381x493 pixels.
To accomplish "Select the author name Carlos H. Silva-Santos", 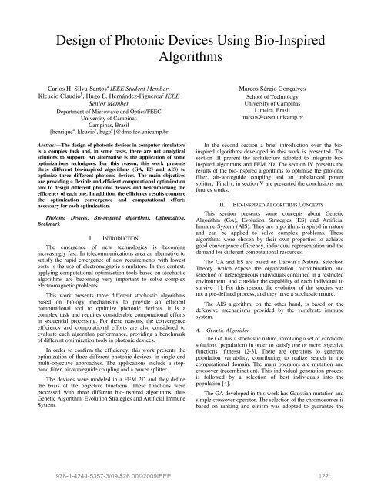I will (65, 92).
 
